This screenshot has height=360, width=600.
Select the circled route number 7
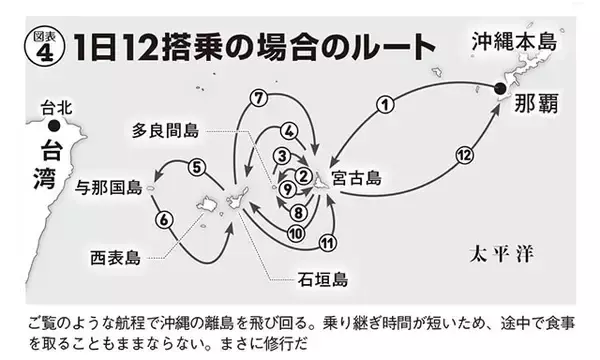pyautogui.click(x=258, y=97)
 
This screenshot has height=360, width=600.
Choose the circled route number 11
pyautogui.click(x=327, y=242)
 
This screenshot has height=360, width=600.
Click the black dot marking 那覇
pyautogui.click(x=498, y=90)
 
